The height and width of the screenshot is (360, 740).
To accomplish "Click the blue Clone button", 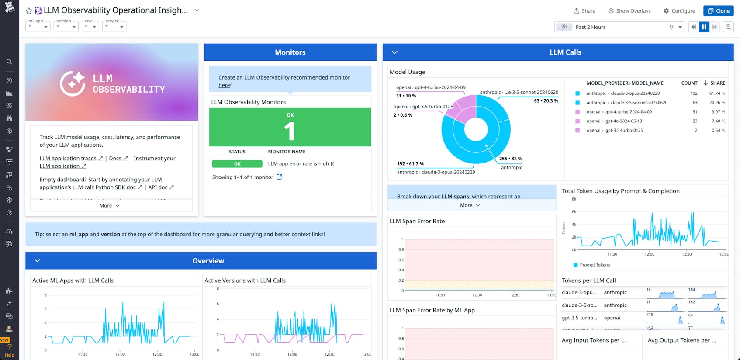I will point(718,11).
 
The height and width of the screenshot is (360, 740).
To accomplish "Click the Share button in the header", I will point(584,11).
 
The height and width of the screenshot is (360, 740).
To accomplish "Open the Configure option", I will point(679,11).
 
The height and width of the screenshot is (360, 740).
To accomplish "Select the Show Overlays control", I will point(629,11).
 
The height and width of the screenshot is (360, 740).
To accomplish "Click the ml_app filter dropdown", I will point(38,27).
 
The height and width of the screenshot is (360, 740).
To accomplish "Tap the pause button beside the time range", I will point(704,27).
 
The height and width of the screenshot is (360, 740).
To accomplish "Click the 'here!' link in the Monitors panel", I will point(225,85).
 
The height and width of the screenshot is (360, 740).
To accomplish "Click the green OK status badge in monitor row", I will point(237,164).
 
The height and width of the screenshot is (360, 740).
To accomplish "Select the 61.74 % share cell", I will point(717,93).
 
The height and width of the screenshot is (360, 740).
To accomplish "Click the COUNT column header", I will point(689,83).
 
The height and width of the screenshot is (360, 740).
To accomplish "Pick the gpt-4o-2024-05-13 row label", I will point(623,121).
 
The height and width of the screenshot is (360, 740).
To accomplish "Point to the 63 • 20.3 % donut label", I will point(546,101).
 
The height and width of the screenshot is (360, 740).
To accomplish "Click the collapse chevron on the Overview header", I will point(38,261).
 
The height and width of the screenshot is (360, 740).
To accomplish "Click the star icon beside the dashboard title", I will point(29,11).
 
